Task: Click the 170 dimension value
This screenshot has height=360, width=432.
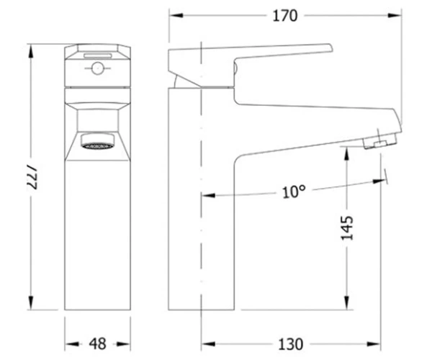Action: pos(285,16)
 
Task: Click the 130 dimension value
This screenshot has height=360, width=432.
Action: pos(291,344)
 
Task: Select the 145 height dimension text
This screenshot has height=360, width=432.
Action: pos(347,228)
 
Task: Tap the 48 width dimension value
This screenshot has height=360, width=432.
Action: pos(98,344)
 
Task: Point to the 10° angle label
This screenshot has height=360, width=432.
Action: pos(294,192)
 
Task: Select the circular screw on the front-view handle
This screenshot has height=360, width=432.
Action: pos(97,68)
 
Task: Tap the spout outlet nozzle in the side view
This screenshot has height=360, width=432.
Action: pos(380,141)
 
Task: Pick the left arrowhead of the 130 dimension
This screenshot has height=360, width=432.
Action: pos(208,344)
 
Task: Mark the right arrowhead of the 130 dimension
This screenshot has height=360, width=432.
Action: pos(374,344)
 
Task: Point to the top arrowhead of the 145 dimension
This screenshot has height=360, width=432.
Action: pos(347,153)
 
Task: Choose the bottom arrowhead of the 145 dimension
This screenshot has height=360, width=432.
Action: pos(347,302)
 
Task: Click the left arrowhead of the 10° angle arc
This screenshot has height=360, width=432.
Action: pos(209,196)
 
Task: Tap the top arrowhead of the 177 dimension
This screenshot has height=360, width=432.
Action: pos(31,51)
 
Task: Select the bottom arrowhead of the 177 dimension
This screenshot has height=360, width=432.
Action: pos(31,302)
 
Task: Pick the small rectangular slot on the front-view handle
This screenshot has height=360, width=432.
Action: pos(98,56)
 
